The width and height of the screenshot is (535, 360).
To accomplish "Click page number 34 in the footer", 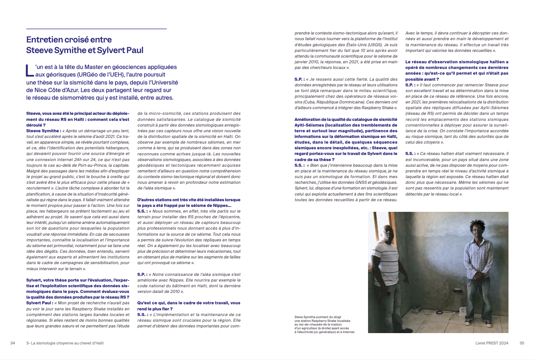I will (12, 343).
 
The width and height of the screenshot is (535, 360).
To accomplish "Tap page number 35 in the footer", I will (522, 343).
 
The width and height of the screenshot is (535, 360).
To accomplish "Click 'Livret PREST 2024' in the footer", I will (492, 343).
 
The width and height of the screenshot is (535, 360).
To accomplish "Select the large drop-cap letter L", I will (30, 70).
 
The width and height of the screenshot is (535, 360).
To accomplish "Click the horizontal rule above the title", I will (96, 29).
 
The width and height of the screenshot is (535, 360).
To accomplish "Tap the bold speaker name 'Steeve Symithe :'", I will (43, 131).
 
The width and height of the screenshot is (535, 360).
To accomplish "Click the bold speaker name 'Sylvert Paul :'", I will (39, 303).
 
